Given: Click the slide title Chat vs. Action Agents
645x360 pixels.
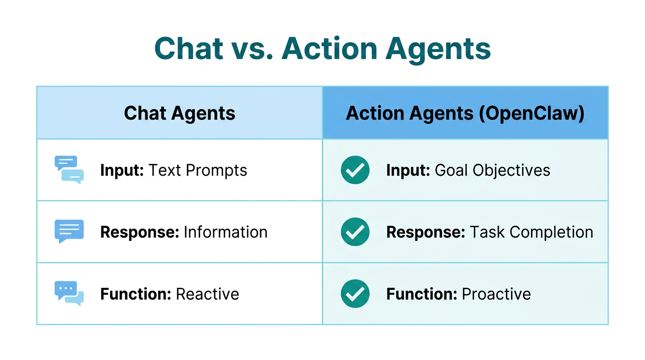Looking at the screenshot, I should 322,48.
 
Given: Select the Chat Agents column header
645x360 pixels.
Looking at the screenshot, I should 180,113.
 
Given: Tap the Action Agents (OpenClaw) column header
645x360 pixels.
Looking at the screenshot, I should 465,113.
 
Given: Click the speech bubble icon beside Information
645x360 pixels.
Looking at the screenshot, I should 69,231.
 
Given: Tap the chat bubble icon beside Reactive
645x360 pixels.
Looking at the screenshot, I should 69,293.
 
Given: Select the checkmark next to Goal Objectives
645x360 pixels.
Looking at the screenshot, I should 355,170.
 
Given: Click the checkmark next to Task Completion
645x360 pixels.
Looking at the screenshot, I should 355,232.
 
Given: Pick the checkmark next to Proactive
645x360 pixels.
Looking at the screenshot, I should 355,293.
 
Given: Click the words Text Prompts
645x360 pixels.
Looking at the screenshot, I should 198,170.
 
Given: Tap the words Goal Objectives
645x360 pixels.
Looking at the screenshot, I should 493,170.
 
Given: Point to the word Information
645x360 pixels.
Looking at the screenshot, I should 225,232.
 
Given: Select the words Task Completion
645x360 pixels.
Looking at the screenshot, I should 532,232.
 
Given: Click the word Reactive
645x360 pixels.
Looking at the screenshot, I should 207,294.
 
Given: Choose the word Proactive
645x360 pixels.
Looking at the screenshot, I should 496,294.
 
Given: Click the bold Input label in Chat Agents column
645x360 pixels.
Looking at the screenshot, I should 122,170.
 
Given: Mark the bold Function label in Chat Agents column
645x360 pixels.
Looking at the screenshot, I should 135,294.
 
